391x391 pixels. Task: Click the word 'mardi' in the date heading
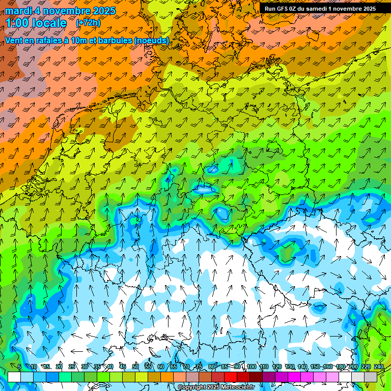[x=18, y=11]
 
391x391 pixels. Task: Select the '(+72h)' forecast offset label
[x=88, y=23]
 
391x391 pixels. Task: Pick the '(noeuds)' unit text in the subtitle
[x=152, y=40]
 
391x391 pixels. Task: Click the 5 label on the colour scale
[x=20, y=367]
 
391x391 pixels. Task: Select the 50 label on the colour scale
[x=135, y=367]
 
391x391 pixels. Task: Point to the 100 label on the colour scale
[x=251, y=367]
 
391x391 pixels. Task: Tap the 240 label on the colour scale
[x=378, y=367]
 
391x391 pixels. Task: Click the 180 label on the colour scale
[x=340, y=367]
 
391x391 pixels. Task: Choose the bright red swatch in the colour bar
[x=231, y=377]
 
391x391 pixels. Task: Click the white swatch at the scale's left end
[x=14, y=377]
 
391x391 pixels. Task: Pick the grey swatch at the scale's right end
[x=371, y=377]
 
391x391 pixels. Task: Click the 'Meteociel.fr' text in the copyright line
[x=237, y=387]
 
